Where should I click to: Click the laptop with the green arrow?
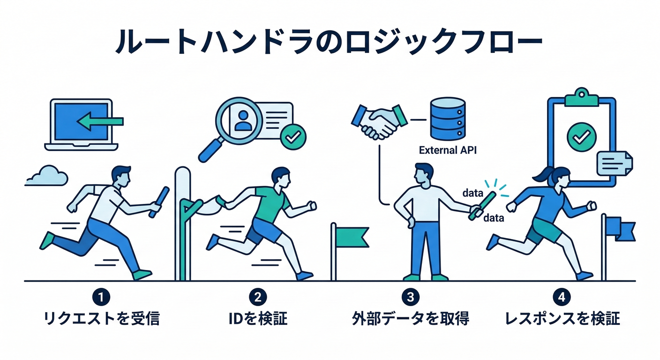coord(82,124)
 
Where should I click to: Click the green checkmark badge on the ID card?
coord(293,137)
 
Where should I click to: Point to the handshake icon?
coord(379,121)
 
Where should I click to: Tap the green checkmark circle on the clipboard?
coord(581,136)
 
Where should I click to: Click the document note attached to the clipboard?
coord(614,163)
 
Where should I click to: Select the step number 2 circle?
coord(257,297)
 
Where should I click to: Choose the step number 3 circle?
coord(410,297)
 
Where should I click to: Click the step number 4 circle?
coord(561,297)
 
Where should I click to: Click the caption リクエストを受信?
coord(101,319)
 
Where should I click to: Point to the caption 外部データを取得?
coord(410,319)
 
